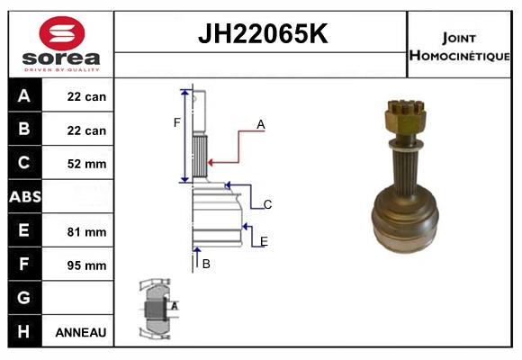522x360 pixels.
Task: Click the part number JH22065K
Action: click(261, 35)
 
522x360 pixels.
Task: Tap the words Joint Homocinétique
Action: click(459, 47)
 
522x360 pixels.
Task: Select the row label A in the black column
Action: click(24, 96)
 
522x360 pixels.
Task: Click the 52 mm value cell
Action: click(86, 164)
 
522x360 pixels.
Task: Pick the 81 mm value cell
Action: click(86, 231)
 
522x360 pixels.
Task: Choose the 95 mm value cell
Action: click(86, 265)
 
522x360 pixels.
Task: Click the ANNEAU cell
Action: click(81, 332)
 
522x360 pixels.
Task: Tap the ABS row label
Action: click(24, 197)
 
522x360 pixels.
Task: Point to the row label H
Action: click(24, 332)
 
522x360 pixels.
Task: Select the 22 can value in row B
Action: click(86, 130)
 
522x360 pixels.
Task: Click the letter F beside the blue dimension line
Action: click(177, 122)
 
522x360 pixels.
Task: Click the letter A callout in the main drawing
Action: click(261, 125)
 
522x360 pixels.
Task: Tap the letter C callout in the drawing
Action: click(267, 205)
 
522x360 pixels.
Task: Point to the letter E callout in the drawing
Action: click(264, 241)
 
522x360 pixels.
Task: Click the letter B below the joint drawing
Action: click(206, 264)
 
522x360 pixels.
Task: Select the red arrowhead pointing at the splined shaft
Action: click(211, 163)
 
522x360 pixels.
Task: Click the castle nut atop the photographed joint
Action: click(401, 114)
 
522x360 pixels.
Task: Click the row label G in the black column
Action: click(24, 298)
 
